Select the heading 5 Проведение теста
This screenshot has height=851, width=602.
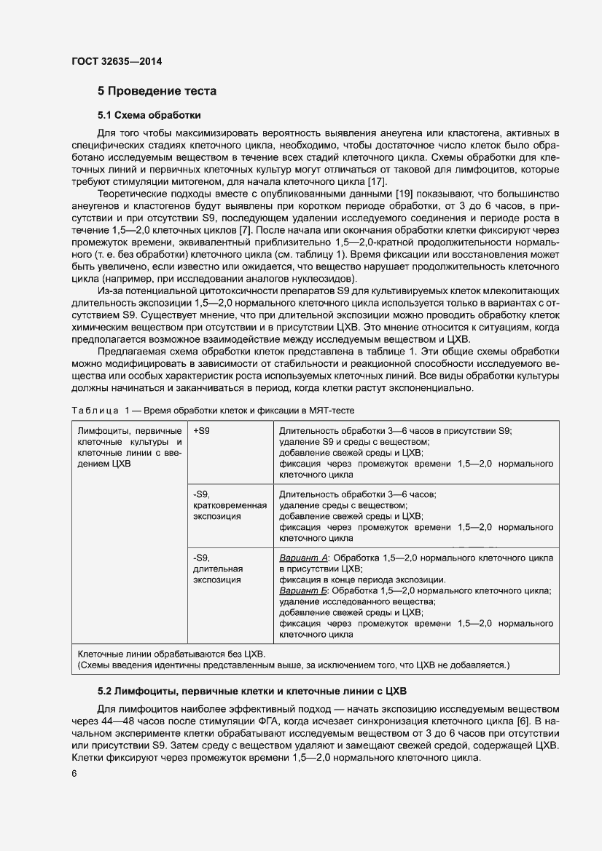pyautogui.click(x=157, y=91)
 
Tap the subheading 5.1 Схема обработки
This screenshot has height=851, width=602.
pyautogui.click(x=149, y=115)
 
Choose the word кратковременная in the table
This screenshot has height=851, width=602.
pyautogui.click(x=229, y=505)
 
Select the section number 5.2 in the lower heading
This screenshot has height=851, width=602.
pyautogui.click(x=107, y=690)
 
